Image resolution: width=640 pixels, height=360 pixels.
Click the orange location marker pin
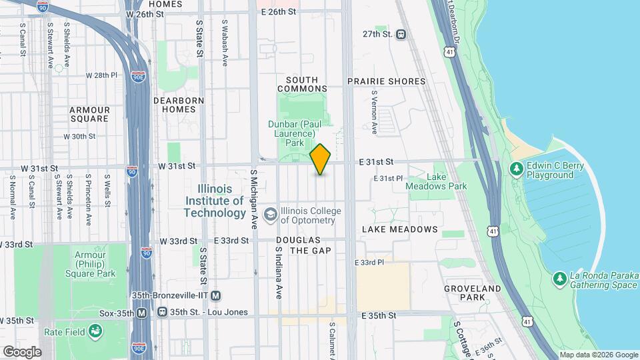[x=320, y=159]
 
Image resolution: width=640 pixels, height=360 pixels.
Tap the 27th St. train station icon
[x=401, y=34]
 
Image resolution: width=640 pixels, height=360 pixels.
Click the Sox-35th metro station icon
[x=141, y=312]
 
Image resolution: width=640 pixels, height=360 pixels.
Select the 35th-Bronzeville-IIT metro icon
[x=215, y=295]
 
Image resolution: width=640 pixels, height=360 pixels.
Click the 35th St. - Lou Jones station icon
[x=162, y=312]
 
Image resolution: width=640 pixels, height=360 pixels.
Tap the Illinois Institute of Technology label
[x=215, y=201]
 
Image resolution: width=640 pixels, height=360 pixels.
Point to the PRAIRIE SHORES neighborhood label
[x=386, y=81]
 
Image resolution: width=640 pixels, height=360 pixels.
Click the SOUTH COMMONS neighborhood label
[x=302, y=84]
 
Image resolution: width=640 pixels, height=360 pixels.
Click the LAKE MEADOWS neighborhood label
[x=399, y=229]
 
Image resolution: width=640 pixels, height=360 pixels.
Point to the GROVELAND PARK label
[x=473, y=293]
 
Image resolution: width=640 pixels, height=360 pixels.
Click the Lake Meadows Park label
[x=437, y=182]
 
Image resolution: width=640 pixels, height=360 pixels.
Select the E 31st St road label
[x=377, y=161]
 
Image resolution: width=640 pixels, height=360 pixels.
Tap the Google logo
[x=22, y=351]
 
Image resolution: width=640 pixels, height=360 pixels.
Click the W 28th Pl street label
[x=101, y=75]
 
